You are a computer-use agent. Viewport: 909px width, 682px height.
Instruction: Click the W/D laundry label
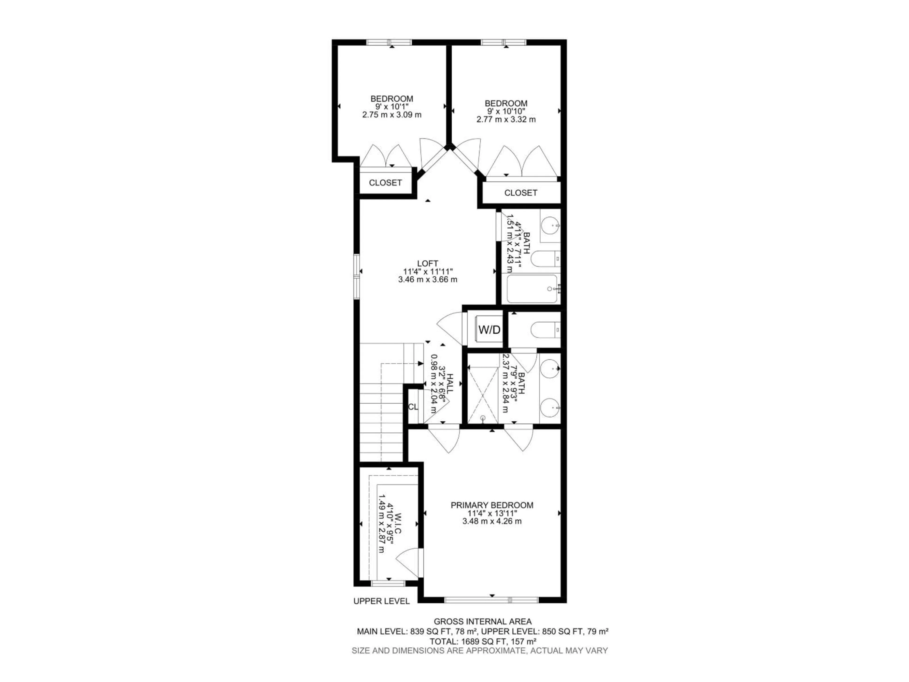pos(490,329)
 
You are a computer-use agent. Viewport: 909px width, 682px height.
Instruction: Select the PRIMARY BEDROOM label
pos(492,505)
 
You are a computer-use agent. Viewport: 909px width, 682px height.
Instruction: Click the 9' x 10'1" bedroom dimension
pos(392,107)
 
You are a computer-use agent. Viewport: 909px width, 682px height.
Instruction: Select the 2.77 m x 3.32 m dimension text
pos(506,120)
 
